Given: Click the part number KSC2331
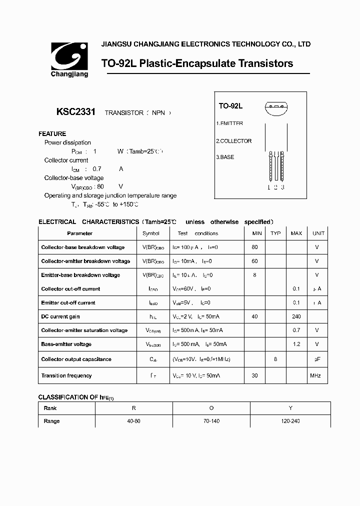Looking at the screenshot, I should (x=76, y=112).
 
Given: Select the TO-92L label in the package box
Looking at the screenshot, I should (x=230, y=106).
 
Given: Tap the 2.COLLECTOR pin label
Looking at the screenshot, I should (x=234, y=141).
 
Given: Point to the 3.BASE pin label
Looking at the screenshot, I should (x=225, y=157).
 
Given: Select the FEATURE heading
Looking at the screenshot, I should (x=52, y=134).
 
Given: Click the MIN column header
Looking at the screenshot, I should (x=257, y=233).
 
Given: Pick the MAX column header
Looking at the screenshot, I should (x=296, y=233).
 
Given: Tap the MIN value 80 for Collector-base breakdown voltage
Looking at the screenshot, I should (x=255, y=247).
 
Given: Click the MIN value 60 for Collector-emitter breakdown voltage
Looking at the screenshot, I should (x=255, y=261).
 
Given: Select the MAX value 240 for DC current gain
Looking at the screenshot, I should (x=296, y=316).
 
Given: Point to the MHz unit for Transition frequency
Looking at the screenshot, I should (x=315, y=375).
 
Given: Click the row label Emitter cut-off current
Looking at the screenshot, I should (x=68, y=302).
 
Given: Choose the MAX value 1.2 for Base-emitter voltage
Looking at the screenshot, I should (x=296, y=344).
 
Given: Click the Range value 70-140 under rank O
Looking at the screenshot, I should (x=211, y=421).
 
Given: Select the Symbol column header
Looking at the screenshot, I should (x=150, y=233).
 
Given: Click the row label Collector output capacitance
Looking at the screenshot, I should (x=76, y=359).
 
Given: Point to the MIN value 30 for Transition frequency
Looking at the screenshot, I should (x=255, y=375).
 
